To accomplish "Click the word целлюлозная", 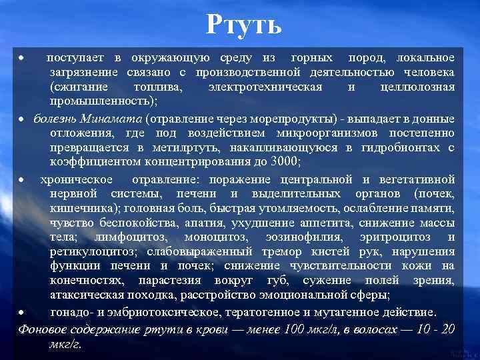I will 417,87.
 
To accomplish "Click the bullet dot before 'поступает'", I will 23,59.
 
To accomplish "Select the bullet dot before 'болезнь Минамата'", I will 23,119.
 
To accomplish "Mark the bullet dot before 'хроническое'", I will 23,180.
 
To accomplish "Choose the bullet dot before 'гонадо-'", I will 23,312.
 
